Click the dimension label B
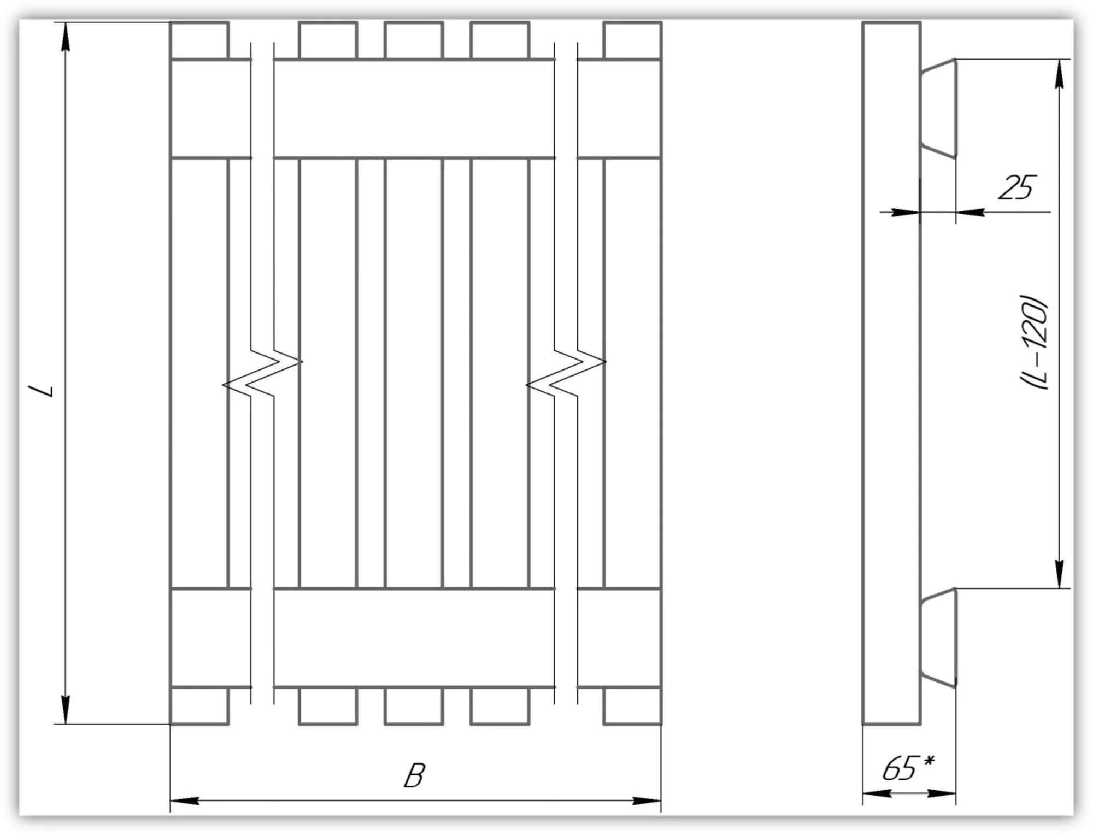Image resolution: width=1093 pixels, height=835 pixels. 414,775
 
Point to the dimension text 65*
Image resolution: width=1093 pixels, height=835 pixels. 907,768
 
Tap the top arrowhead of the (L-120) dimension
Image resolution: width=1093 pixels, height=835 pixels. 1059,74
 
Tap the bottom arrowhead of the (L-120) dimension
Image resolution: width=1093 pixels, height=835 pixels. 1059,574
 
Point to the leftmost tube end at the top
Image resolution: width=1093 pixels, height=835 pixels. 199,40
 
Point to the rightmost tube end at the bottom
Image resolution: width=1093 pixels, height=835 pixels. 632,705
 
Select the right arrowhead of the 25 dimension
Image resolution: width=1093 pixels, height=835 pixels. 971,212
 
